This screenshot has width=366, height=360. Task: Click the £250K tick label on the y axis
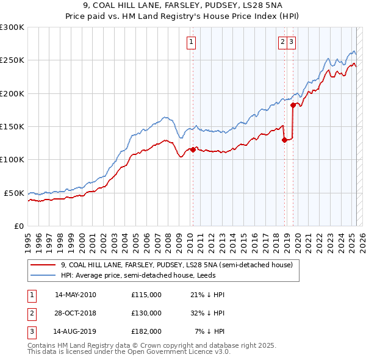tap(12, 60)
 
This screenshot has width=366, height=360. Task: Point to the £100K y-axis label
tap(12, 159)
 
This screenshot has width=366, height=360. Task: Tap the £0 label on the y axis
tap(18, 226)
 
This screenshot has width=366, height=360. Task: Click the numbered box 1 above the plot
tap(192, 42)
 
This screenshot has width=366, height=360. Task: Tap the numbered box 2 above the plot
tap(283, 42)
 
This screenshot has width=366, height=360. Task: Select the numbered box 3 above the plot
tap(292, 42)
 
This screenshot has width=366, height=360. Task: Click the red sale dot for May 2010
tap(193, 149)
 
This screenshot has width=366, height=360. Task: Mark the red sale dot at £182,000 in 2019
tap(293, 105)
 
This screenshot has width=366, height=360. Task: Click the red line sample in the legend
tap(43, 265)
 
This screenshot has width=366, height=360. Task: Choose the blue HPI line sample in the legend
tap(43, 275)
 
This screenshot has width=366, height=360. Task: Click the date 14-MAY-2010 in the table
tap(75, 295)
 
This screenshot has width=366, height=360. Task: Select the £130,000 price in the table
tap(146, 313)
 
